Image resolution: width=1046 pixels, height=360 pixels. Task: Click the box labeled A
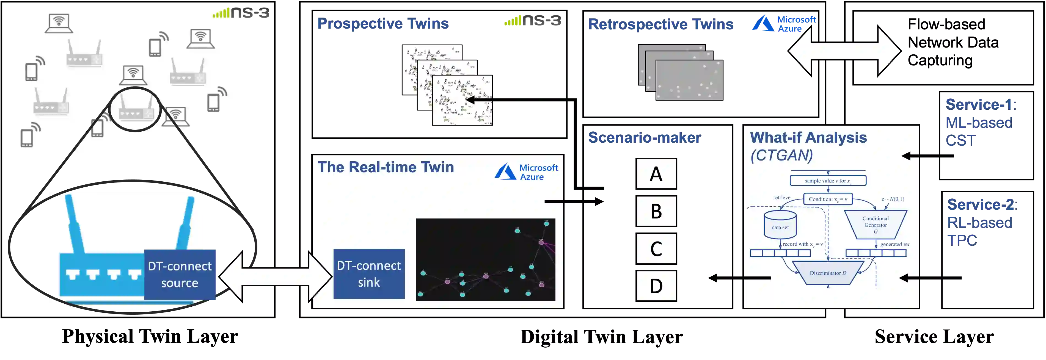pyautogui.click(x=656, y=174)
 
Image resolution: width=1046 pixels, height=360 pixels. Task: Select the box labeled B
pyautogui.click(x=656, y=211)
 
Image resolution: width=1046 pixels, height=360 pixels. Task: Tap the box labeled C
pyautogui.click(x=656, y=248)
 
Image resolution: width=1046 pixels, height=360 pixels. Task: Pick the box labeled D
pyautogui.click(x=656, y=286)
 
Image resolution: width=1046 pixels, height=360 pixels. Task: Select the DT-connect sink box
pyautogui.click(x=369, y=274)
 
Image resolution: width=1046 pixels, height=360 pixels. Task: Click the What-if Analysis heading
pyautogui.click(x=808, y=138)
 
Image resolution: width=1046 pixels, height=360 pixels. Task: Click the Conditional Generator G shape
pyautogui.click(x=876, y=225)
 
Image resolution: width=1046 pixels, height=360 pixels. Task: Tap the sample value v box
pyautogui.click(x=828, y=181)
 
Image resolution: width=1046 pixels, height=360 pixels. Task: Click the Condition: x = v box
pyautogui.click(x=828, y=199)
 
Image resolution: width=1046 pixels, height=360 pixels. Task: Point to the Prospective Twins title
pyautogui.click(x=382, y=24)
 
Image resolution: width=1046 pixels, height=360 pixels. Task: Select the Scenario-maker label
pyautogui.click(x=645, y=137)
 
